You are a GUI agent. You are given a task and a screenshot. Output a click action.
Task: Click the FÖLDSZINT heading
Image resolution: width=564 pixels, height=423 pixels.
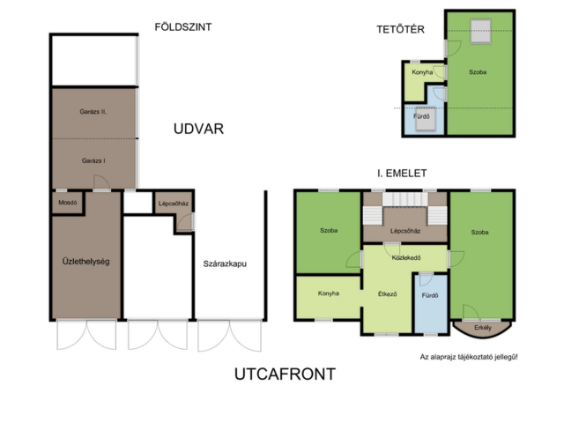tap(183, 27)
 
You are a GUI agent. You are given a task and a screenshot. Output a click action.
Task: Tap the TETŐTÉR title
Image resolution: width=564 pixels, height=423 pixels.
tap(400, 29)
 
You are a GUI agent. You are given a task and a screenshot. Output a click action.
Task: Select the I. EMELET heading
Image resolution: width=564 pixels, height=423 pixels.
tap(402, 174)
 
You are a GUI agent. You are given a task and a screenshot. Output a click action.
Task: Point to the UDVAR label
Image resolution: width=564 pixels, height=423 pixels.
tap(198, 129)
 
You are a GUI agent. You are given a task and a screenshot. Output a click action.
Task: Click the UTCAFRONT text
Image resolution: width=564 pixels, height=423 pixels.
tap(285, 374)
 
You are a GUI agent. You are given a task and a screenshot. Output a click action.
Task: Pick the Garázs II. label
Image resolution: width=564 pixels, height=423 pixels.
tap(93, 112)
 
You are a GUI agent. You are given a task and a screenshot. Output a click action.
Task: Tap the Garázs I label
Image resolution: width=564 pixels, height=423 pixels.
tap(93, 160)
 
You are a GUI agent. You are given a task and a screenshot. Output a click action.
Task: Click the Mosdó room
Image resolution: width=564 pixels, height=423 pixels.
tap(68, 203)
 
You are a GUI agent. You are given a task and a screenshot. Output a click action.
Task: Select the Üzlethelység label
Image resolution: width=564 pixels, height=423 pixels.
tap(85, 262)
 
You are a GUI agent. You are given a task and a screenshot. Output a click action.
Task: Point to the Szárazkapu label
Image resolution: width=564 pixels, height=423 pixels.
tap(225, 263)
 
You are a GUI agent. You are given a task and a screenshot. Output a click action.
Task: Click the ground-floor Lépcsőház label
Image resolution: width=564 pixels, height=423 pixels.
tap(174, 204)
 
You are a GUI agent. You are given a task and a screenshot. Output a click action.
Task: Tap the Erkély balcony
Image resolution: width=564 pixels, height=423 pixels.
tap(482, 328)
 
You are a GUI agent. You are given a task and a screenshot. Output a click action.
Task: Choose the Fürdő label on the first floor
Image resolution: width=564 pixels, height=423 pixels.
tap(430, 296)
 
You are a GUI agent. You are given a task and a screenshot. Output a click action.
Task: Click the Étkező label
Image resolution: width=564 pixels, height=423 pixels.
tap(388, 294)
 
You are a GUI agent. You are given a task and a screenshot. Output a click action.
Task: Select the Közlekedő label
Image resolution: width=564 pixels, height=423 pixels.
tap(406, 258)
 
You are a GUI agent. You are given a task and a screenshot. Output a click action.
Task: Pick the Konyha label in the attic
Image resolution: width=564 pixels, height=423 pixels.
tap(422, 72)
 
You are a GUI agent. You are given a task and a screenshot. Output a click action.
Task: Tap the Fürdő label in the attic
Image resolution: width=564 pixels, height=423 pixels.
tap(421, 116)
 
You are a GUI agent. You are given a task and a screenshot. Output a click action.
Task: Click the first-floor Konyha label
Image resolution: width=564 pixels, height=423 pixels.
tap(329, 293)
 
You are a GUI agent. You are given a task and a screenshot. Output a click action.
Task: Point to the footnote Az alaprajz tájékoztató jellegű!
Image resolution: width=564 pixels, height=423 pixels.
tap(469, 357)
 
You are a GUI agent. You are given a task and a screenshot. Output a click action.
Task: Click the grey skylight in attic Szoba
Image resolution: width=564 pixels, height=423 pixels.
tap(481, 32)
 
